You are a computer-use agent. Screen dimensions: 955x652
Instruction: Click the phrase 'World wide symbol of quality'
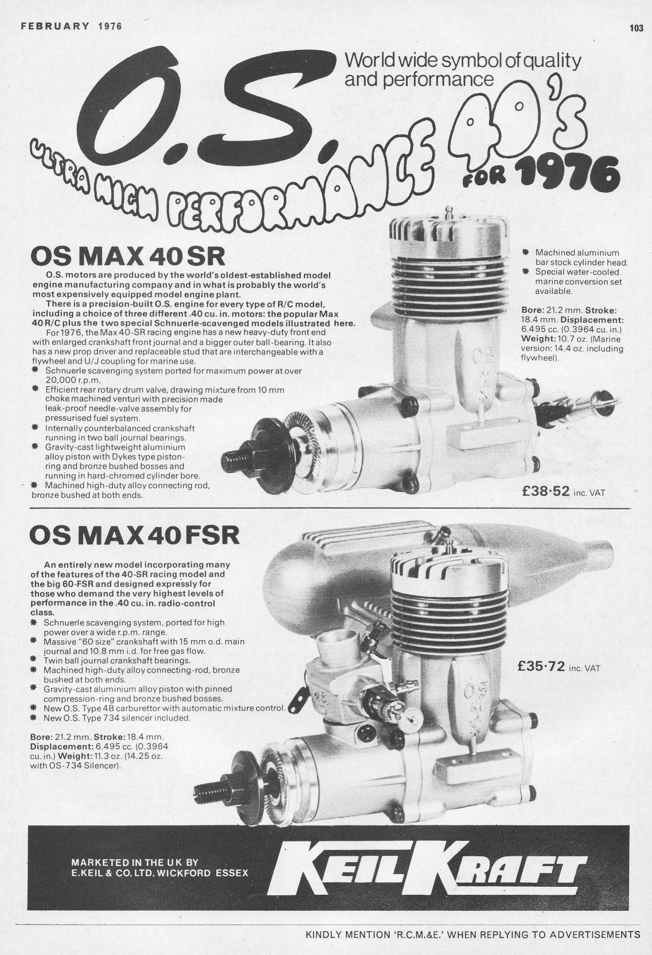click(x=463, y=60)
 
